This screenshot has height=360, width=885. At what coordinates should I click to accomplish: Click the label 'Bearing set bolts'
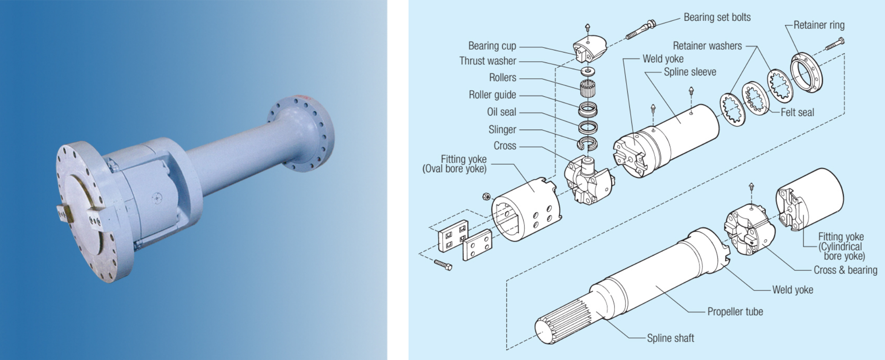tap(717, 17)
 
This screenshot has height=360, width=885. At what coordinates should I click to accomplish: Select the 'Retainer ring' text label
tap(819, 25)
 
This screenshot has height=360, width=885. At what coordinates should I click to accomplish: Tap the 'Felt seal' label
tap(797, 112)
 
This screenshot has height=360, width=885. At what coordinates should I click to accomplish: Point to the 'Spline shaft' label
tap(670, 338)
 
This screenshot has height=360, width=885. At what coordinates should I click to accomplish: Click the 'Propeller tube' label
tap(735, 312)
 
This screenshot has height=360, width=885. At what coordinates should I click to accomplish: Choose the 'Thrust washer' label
tap(488, 61)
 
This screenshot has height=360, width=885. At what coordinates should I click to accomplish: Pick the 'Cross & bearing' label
tap(845, 270)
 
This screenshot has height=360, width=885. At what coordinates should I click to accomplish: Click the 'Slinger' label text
tap(502, 130)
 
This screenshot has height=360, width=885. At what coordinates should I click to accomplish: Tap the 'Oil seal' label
tap(501, 112)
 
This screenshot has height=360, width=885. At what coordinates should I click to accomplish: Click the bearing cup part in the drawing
tap(589, 48)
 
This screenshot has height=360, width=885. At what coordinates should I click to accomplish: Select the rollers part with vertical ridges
tap(587, 89)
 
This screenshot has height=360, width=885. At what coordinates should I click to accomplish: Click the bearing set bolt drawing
tap(640, 29)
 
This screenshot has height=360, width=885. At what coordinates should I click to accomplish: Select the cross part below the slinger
tap(585, 179)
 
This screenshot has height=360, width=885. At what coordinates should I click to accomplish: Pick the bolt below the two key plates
tap(443, 265)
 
